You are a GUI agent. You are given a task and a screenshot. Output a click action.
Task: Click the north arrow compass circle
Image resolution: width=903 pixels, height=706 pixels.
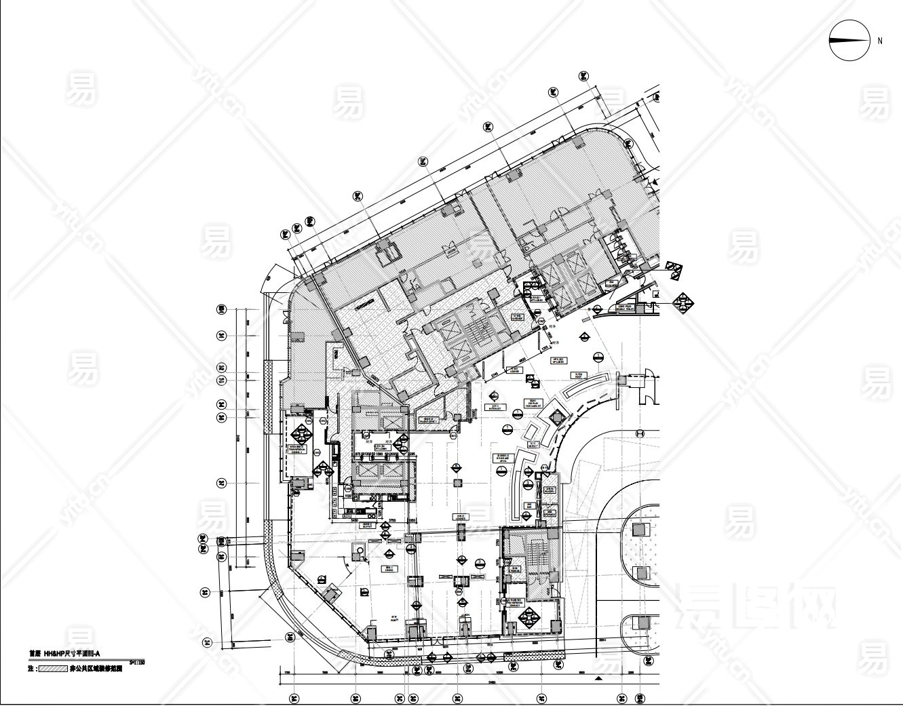pos(849,41)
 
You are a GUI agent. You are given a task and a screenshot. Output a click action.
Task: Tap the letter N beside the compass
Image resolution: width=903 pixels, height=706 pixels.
pos(880,41)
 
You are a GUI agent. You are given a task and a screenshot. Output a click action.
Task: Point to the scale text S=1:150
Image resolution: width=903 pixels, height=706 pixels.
pos(138,661)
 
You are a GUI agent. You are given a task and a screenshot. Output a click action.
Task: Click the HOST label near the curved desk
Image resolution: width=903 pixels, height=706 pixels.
pos(580,374)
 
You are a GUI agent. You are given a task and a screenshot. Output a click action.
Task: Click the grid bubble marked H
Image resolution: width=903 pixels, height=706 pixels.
pos(639,433)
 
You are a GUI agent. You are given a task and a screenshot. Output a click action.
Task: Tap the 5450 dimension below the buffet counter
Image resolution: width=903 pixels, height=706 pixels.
pos(354,519)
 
